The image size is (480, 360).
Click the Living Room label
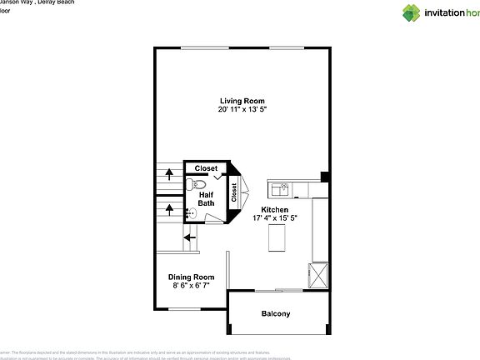[242, 101]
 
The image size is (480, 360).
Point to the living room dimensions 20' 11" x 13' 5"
[242, 109]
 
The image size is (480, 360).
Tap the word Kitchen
[275, 209]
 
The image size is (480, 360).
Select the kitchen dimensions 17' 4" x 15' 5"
[275, 218]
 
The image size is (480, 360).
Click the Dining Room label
[192, 277]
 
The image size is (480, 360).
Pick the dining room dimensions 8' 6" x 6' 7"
[192, 286]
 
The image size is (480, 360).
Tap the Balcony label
[276, 314]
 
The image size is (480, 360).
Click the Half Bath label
[206, 199]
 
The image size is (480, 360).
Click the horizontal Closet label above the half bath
[206, 168]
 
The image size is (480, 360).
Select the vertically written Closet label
[234, 193]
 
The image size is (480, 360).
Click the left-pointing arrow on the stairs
[190, 237]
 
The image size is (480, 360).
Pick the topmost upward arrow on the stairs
[170, 174]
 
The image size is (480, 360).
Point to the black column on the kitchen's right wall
[325, 177]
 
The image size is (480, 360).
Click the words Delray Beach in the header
[56, 3]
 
